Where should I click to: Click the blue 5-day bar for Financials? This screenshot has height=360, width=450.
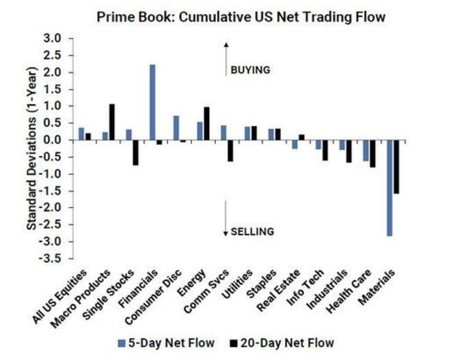[152, 102]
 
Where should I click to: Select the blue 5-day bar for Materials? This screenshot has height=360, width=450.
[389, 188]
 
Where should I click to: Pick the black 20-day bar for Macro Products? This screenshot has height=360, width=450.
[112, 122]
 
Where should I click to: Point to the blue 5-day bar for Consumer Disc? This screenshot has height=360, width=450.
[176, 128]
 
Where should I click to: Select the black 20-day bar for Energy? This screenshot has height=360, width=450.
[206, 123]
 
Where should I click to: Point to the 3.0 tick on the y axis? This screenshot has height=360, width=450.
[53, 39]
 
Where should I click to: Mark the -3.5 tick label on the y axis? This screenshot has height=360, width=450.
[52, 258]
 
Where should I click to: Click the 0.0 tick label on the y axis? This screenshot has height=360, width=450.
[53, 140]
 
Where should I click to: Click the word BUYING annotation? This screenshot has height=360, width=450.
[250, 70]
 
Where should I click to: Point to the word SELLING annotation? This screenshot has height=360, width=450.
[252, 231]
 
